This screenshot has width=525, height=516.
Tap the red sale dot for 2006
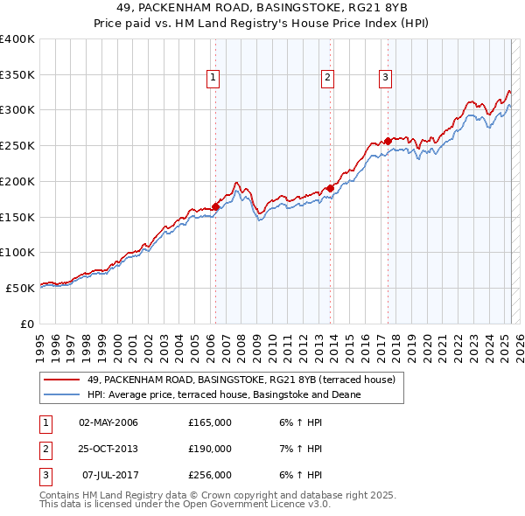(215, 206)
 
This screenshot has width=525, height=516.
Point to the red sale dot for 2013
(331, 188)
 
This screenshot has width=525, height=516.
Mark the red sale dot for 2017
(388, 141)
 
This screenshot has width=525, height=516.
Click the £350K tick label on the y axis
(17, 75)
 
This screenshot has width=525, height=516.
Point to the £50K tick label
(21, 288)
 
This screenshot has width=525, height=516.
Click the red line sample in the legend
(61, 380)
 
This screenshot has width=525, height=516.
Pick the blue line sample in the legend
(61, 394)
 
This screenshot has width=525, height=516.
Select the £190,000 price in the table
(210, 449)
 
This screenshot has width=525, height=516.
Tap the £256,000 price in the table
(210, 475)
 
